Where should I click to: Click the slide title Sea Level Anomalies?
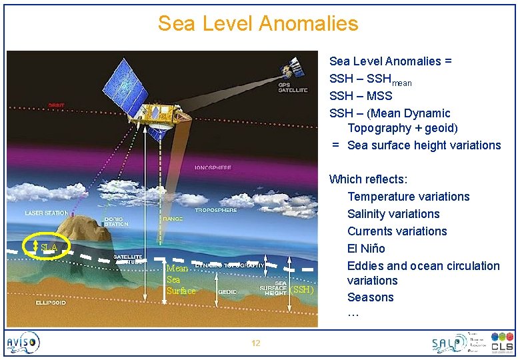pos(258,24)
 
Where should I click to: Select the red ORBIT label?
pos(56,105)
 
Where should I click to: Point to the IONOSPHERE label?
pos(213,167)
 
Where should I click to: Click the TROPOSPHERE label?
pos(215,210)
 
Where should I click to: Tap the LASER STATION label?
pos(47,213)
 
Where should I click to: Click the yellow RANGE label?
pos(171,218)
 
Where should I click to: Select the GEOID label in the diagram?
pos(227,292)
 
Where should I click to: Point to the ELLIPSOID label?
pos(51,302)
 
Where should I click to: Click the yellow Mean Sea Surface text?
pos(181,279)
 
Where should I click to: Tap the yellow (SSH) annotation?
pos(302,289)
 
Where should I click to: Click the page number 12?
pos(255,343)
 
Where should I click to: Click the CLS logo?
pos(502,343)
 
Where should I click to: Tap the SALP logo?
pos(448,343)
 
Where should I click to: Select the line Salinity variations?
pos(393,214)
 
